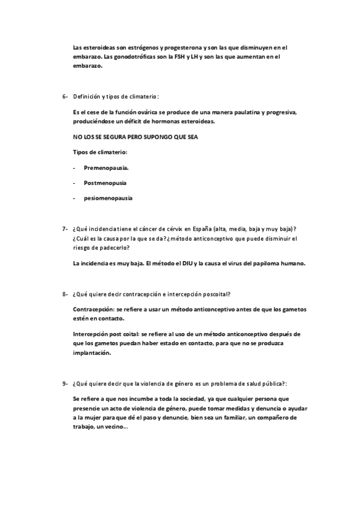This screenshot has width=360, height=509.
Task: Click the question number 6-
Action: [65, 96]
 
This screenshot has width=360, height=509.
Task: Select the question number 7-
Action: [65, 229]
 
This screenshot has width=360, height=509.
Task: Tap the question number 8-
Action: [65, 294]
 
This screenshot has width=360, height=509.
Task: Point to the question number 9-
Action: [65, 384]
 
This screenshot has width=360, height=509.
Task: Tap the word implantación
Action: [92, 354]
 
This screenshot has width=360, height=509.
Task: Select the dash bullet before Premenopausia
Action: [74, 169]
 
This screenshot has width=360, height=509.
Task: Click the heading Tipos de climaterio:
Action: [100, 152]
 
